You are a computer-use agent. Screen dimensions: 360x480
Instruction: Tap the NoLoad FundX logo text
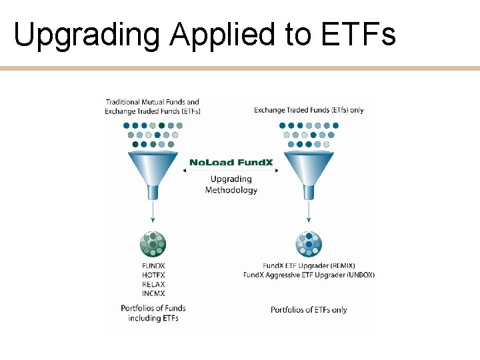pyautogui.click(x=231, y=162)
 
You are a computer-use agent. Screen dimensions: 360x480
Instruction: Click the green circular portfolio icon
pyautogui.click(x=153, y=245)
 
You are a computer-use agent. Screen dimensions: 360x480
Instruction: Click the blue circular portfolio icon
pyautogui.click(x=308, y=245)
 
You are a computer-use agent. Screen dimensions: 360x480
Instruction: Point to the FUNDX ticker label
pyautogui.click(x=153, y=266)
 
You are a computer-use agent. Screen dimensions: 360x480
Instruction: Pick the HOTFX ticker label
pyautogui.click(x=153, y=275)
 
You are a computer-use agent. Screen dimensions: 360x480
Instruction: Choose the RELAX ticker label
pyautogui.click(x=153, y=284)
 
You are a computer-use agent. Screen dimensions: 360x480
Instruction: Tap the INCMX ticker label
pyautogui.click(x=153, y=293)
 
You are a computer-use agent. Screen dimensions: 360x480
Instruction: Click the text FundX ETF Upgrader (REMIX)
pyautogui.click(x=308, y=266)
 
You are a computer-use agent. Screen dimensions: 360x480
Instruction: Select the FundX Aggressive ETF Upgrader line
pyautogui.click(x=308, y=275)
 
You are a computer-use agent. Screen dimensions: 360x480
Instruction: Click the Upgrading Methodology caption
pyautogui.click(x=231, y=185)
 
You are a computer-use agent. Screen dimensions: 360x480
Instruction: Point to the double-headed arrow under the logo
pyautogui.click(x=231, y=171)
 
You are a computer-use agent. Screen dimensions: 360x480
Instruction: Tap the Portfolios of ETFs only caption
pyautogui.click(x=308, y=309)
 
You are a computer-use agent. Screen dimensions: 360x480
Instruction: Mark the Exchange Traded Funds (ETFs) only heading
pyautogui.click(x=308, y=110)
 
